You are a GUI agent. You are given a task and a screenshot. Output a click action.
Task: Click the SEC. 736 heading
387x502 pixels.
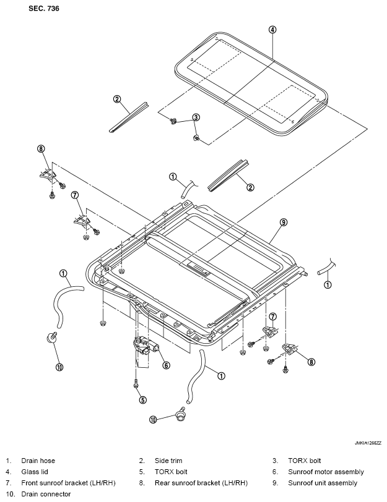tap(43, 9)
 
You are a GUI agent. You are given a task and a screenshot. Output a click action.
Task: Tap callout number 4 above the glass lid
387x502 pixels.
tap(272, 30)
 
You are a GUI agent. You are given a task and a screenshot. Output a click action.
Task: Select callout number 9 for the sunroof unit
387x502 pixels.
tap(284, 222)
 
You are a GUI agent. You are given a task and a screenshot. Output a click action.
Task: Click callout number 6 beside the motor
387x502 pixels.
tap(166, 365)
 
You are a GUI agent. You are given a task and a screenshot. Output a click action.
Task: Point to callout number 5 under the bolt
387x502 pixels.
tap(142, 400)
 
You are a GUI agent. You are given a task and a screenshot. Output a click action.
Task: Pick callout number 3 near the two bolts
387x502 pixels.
tap(196, 117)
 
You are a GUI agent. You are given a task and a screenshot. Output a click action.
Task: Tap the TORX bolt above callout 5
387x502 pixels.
tap(136, 383)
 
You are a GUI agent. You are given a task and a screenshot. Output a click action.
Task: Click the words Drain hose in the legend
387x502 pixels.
tap(38, 461)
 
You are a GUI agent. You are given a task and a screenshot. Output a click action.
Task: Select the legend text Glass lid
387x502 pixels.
tap(34, 472)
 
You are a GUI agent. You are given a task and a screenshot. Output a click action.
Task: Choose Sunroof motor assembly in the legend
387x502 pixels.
tap(326, 472)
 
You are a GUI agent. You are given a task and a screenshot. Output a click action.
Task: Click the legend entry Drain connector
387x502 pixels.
tap(46, 494)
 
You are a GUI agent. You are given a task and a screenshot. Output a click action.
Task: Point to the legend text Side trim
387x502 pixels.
tap(168, 461)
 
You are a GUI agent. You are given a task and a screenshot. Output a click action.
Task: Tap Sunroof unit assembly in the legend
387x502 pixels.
tap(323, 483)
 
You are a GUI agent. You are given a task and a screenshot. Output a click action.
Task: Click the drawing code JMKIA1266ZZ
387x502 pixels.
tap(368, 443)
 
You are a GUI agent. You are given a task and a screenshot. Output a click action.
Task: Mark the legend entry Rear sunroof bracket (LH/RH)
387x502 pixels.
tap(201, 483)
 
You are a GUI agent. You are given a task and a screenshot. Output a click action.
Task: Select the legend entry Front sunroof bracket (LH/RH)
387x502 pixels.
tap(68, 483)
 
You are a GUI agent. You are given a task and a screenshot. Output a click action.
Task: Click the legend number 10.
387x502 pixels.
tap(11, 494)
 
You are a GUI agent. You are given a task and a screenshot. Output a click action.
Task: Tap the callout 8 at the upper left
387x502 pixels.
tap(41, 148)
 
